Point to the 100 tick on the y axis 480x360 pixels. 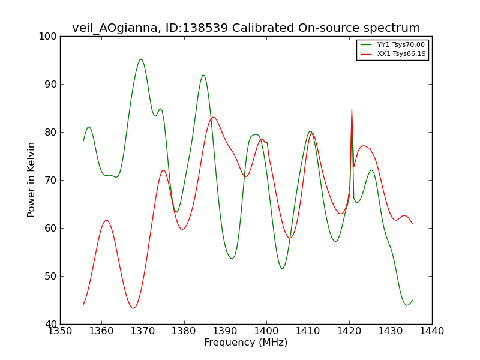pos(47,36)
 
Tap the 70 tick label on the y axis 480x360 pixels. pos(50,181)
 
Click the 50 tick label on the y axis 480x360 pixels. pos(50,276)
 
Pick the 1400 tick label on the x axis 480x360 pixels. pos(266,331)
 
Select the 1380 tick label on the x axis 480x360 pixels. pos(184,331)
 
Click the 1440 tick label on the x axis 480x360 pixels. pos(431,331)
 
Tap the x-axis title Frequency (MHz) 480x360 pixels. pos(246,342)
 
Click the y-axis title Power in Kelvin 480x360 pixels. pos(31,180)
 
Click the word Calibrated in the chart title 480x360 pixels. pos(263,28)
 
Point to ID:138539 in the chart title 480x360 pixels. pos(197,28)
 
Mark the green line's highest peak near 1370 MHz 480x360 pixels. pos(141,59)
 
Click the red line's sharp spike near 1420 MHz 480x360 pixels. pos(352,109)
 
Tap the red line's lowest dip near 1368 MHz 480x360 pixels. pos(133,308)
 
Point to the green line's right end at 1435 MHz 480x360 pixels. pos(412,300)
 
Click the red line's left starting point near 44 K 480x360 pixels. pos(83,304)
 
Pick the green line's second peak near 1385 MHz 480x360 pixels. pos(203,75)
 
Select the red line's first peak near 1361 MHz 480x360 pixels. pos(106,220)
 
